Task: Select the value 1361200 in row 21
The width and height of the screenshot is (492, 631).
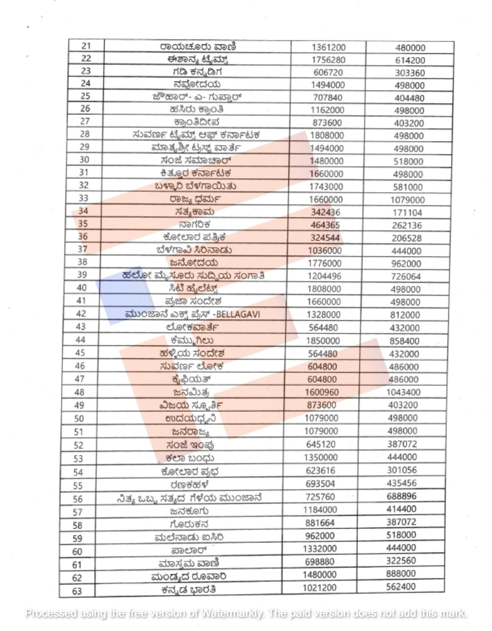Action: pyautogui.click(x=328, y=48)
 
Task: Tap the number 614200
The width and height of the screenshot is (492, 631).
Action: pyautogui.click(x=410, y=61)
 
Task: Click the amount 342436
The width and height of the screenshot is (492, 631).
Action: pyautogui.click(x=325, y=212)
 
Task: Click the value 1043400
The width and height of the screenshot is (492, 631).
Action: pyautogui.click(x=403, y=392)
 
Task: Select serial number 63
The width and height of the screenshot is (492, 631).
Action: pyautogui.click(x=77, y=591)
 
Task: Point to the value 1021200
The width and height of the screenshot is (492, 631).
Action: pyautogui.click(x=320, y=588)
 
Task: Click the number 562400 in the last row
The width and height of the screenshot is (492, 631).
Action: pyautogui.click(x=401, y=587)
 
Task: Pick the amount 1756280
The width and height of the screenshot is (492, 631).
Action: pyautogui.click(x=328, y=60)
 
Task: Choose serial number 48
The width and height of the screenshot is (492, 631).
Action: pyautogui.click(x=79, y=392)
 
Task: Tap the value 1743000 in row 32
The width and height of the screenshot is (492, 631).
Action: pyautogui.click(x=326, y=187)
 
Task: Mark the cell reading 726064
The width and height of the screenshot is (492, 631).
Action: pyautogui.click(x=405, y=277)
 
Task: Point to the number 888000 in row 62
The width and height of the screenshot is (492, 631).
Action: pyautogui.click(x=401, y=574)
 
